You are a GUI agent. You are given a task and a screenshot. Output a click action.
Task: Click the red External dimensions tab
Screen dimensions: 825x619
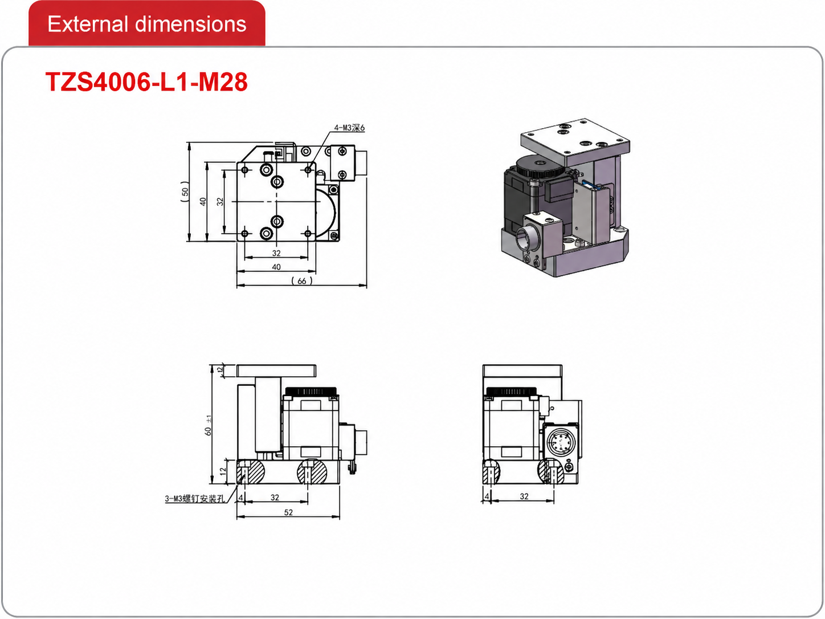click(x=146, y=24)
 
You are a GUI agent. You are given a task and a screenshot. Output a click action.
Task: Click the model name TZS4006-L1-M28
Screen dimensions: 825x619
click(x=146, y=82)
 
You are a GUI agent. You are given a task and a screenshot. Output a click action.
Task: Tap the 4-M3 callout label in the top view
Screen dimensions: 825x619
click(x=349, y=128)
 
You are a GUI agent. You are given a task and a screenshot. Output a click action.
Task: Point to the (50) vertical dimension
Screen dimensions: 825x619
click(x=185, y=192)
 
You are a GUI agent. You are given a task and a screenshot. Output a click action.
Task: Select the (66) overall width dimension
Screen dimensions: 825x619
click(x=302, y=281)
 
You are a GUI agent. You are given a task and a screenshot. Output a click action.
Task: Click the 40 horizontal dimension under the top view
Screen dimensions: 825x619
click(x=276, y=267)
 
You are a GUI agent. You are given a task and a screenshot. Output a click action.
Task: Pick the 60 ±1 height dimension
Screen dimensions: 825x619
click(x=208, y=425)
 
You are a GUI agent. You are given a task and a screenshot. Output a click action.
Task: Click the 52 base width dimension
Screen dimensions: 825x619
click(x=288, y=512)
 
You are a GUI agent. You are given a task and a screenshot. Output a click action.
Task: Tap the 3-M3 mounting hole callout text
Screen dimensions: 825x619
click(x=195, y=499)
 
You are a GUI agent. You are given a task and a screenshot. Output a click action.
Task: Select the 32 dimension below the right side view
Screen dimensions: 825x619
click(x=524, y=496)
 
